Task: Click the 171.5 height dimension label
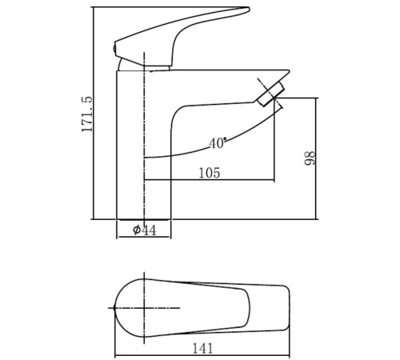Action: tap(87, 114)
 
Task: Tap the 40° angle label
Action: tap(218, 143)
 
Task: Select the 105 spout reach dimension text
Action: tap(210, 173)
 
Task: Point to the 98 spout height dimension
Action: tap(310, 158)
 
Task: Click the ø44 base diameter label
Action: tap(145, 230)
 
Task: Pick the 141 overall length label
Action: tap(202, 348)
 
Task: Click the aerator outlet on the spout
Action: tap(269, 94)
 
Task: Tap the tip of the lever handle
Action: tap(249, 9)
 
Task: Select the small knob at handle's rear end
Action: tap(114, 49)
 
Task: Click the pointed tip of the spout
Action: tap(289, 71)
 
